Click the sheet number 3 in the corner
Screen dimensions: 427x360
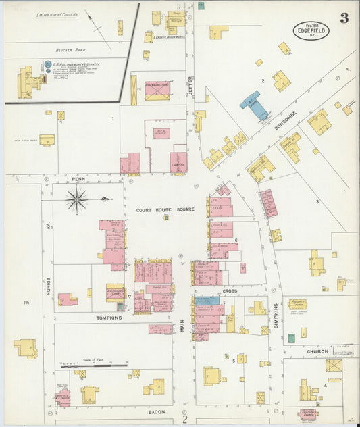coord(344,18)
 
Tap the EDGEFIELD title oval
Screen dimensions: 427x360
coord(312,30)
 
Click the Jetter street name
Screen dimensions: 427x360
coord(191,84)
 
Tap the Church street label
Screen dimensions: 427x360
coord(317,351)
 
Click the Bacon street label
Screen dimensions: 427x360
coord(157,410)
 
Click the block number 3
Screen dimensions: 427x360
coord(316,201)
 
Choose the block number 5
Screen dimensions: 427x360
coord(234,361)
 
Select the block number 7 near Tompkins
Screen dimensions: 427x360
coord(130,296)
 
